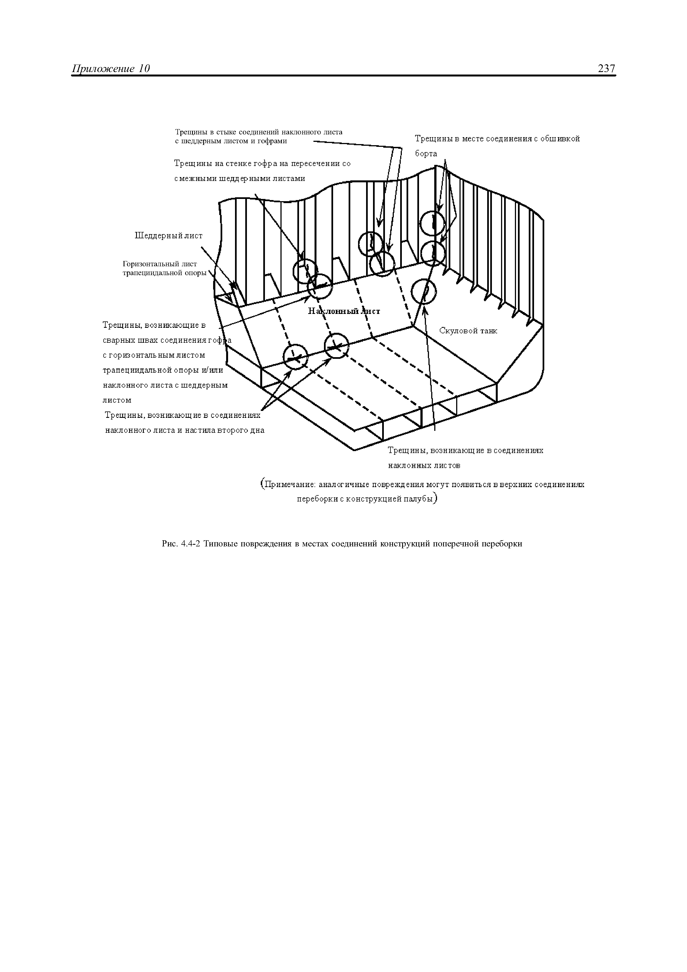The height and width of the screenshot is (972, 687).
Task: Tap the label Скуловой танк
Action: pyautogui.click(x=468, y=331)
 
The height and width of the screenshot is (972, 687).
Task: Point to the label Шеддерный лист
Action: pyautogui.click(x=168, y=236)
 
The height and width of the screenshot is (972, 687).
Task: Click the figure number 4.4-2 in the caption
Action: pyautogui.click(x=190, y=544)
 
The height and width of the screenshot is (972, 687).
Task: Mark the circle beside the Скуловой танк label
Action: pyautogui.click(x=424, y=291)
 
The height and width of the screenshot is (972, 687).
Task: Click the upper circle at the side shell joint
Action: pyautogui.click(x=433, y=223)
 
